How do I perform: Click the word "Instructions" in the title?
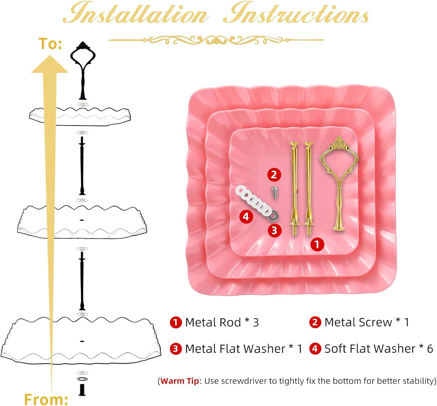[x=296, y=13]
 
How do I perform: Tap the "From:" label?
[x=46, y=398]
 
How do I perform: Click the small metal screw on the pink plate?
[x=274, y=193]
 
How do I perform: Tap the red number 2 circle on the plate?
[x=274, y=175]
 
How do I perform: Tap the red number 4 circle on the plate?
[x=246, y=216]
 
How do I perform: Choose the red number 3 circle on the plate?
[x=274, y=231]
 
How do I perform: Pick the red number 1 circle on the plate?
[x=317, y=244]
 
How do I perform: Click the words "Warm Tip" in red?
[x=180, y=381]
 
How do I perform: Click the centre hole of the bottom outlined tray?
[x=82, y=341]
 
